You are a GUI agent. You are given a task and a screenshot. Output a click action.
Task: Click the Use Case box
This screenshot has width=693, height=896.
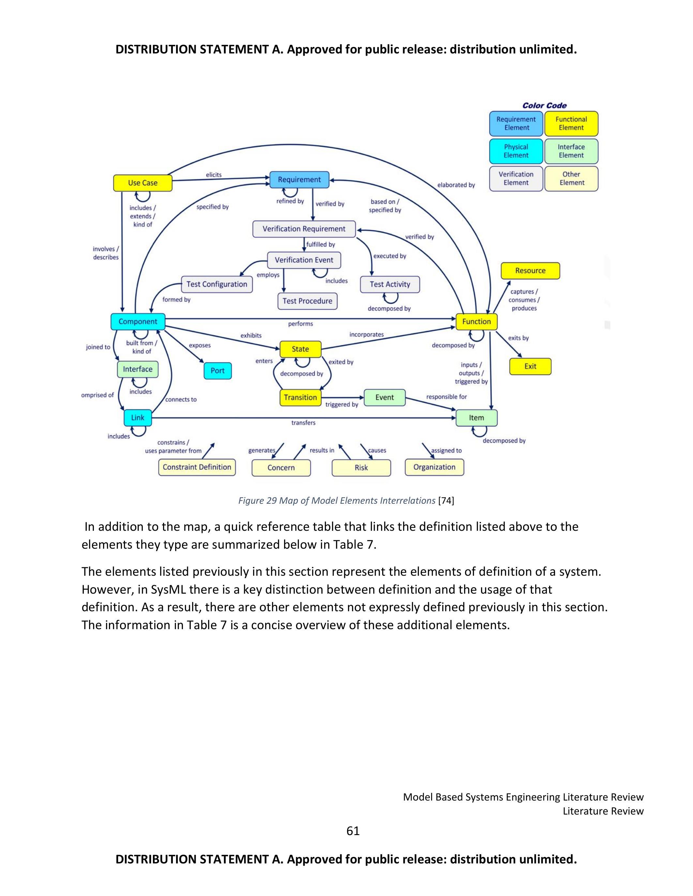pyautogui.click(x=143, y=183)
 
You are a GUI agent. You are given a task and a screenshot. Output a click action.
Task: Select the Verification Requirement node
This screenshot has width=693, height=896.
pyautogui.click(x=304, y=229)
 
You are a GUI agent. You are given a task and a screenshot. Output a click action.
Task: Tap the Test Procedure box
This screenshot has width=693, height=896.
pyautogui.click(x=307, y=301)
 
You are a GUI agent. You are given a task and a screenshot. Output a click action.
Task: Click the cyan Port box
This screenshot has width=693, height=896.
pyautogui.click(x=218, y=371)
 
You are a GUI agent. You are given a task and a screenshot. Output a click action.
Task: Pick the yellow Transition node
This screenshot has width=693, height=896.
pyautogui.click(x=300, y=397)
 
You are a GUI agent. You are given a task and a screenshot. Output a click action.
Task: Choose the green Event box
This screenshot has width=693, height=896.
pyautogui.click(x=384, y=397)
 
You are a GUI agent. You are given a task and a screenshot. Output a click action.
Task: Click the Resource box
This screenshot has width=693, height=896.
pyautogui.click(x=530, y=271)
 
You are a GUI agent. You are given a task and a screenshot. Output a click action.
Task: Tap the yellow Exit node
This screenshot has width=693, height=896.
pyautogui.click(x=530, y=366)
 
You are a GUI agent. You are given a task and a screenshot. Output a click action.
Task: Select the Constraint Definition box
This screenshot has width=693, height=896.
pyautogui.click(x=197, y=467)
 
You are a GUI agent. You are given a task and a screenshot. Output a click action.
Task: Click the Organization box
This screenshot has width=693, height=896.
pyautogui.click(x=434, y=467)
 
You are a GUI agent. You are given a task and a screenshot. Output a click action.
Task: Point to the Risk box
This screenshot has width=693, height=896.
pyautogui.click(x=361, y=468)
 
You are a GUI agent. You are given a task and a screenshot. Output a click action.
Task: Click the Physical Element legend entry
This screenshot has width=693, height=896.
pyautogui.click(x=516, y=151)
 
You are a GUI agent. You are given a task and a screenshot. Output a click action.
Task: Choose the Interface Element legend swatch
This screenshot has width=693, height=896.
pyautogui.click(x=571, y=151)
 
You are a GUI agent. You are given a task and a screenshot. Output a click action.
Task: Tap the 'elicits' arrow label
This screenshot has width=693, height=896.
pyautogui.click(x=214, y=175)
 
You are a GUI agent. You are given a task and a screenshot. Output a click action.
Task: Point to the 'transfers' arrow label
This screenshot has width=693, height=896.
pyautogui.click(x=303, y=423)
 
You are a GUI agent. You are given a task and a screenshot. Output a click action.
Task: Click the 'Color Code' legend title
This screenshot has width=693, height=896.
pyautogui.click(x=544, y=106)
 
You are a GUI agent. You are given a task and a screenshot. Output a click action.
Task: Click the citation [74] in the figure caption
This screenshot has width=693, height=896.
pyautogui.click(x=446, y=500)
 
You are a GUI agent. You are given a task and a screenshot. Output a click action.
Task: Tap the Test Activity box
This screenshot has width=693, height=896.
pyautogui.click(x=390, y=284)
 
